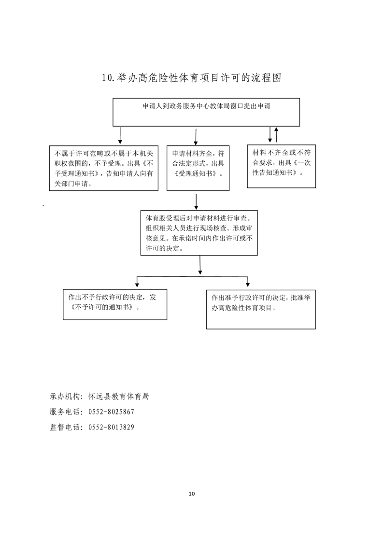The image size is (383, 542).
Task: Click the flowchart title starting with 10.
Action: [x=191, y=78]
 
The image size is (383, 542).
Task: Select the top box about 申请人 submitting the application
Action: [x=206, y=113]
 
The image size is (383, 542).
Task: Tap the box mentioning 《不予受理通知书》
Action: [x=104, y=168]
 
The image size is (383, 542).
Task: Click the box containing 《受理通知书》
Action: [x=198, y=168]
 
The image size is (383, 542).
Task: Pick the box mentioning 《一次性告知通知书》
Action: [x=282, y=166]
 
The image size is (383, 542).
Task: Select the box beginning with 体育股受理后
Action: [x=199, y=233]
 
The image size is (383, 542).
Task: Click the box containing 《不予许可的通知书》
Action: [x=115, y=304]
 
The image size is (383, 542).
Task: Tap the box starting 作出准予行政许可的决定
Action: [x=261, y=309]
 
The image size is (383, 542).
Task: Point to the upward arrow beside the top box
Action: [x=276, y=135]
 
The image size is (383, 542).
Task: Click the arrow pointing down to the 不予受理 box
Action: [x=120, y=135]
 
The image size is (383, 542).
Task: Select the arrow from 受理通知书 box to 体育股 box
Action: [x=196, y=202]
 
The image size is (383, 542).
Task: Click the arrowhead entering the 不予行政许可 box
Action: [x=137, y=285]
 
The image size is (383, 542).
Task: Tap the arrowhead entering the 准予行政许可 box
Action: [x=248, y=285]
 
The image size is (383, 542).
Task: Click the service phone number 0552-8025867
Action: [x=111, y=412]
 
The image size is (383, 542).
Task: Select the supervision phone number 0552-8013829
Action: [x=111, y=427]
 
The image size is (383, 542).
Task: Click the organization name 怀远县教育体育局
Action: [x=118, y=397]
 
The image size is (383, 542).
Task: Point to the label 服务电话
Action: [x=65, y=412]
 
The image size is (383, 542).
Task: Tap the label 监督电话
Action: [x=65, y=427]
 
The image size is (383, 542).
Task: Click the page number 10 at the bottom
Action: [x=192, y=494]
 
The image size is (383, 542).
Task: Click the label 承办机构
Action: [x=65, y=397]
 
